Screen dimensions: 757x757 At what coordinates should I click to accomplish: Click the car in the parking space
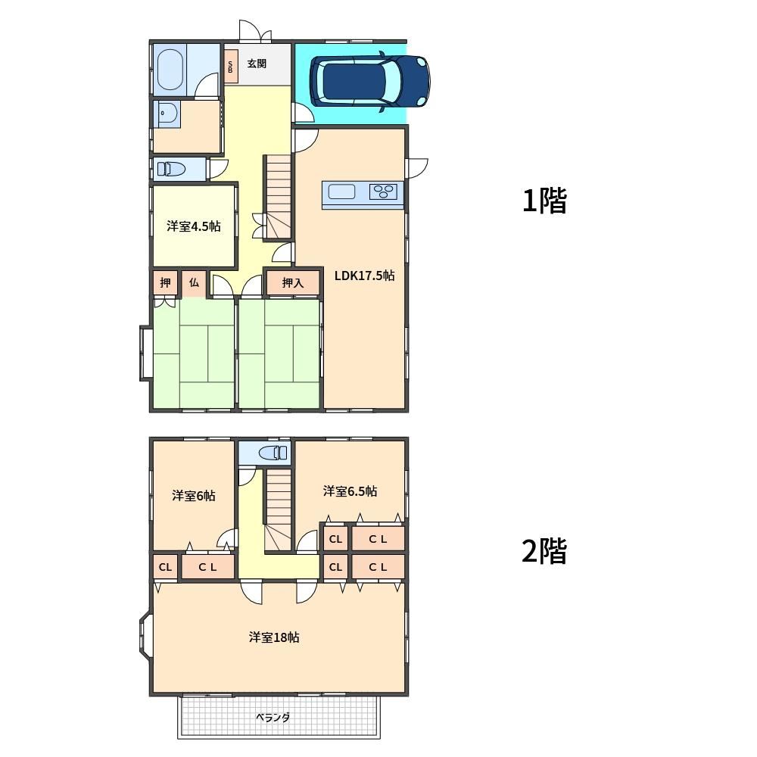click(x=370, y=81)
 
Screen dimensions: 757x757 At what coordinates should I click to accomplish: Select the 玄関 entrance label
click(x=257, y=64)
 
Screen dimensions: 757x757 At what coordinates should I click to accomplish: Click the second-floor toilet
click(x=273, y=453)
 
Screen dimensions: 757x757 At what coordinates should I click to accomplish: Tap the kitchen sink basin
click(x=342, y=192)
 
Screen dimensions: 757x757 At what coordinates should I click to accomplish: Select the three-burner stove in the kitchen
click(x=385, y=192)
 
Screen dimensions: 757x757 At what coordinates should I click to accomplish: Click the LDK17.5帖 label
click(x=365, y=276)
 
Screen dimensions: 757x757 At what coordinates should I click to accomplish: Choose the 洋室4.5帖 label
click(x=194, y=226)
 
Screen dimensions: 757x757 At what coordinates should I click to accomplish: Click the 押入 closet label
click(x=293, y=283)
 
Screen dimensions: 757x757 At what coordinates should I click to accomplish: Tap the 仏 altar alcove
click(x=194, y=283)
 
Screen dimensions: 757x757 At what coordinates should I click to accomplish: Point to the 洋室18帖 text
click(x=274, y=637)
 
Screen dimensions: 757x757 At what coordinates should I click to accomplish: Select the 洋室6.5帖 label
click(x=350, y=491)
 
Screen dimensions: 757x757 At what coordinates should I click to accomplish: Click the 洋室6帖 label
click(x=194, y=496)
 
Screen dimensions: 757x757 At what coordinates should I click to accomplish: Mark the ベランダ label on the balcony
click(x=273, y=718)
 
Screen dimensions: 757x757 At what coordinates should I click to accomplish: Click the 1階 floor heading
click(x=544, y=201)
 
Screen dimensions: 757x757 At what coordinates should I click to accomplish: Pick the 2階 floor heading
click(x=544, y=551)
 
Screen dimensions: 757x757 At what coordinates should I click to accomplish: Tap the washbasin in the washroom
click(x=167, y=113)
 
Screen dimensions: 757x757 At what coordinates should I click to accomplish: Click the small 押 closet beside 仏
click(x=165, y=283)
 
